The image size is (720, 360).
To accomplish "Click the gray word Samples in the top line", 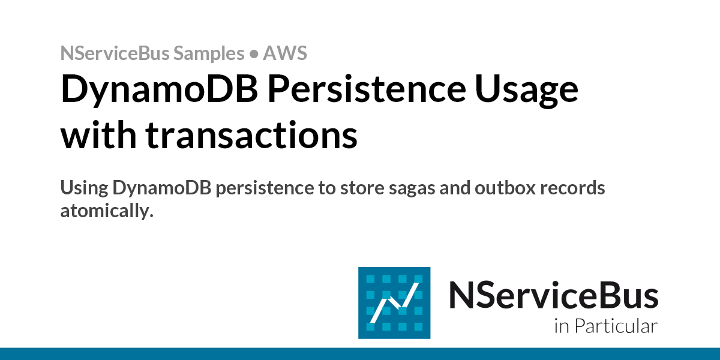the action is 209,53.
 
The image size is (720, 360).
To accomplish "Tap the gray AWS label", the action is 285,53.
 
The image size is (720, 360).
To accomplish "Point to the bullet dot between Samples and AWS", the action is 254,53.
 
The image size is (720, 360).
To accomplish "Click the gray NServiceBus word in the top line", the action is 115,53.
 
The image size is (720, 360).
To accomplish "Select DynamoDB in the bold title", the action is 159,89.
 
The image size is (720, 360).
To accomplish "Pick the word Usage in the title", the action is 527,91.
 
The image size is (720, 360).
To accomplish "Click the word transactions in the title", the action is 251,134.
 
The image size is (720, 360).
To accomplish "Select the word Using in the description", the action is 84,188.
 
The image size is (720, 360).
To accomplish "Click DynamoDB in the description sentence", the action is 161,188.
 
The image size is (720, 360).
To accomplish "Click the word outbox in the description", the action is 505,188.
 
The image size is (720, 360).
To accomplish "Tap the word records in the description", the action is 572,188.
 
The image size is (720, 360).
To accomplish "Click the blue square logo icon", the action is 394,303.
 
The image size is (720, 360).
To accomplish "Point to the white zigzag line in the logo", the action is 394,303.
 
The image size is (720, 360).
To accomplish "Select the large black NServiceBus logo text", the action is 553,295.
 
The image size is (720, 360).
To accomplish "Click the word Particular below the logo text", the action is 616,326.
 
